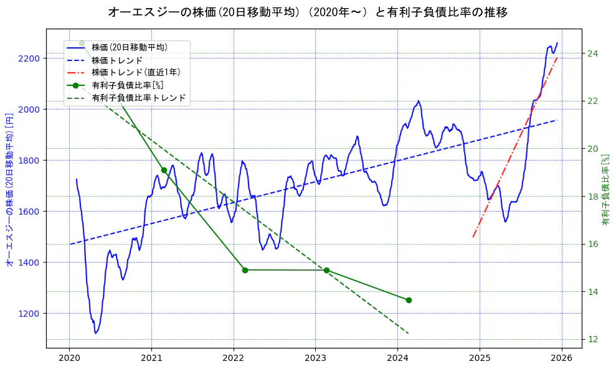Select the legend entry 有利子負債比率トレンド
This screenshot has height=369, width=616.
138,98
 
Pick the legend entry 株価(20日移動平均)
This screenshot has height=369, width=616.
129,47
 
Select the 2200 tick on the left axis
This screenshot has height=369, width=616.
29,58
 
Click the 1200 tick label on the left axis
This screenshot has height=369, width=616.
29,313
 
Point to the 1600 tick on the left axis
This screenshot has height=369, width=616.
29,211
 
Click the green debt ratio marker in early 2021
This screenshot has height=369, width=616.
164,170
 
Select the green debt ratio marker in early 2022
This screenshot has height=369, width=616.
245,270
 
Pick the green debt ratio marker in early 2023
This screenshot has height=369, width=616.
326,270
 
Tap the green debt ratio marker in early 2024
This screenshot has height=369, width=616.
409,300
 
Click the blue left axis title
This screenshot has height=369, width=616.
9,190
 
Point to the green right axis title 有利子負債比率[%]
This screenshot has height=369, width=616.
606,190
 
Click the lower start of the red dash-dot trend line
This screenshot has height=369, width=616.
473,236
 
